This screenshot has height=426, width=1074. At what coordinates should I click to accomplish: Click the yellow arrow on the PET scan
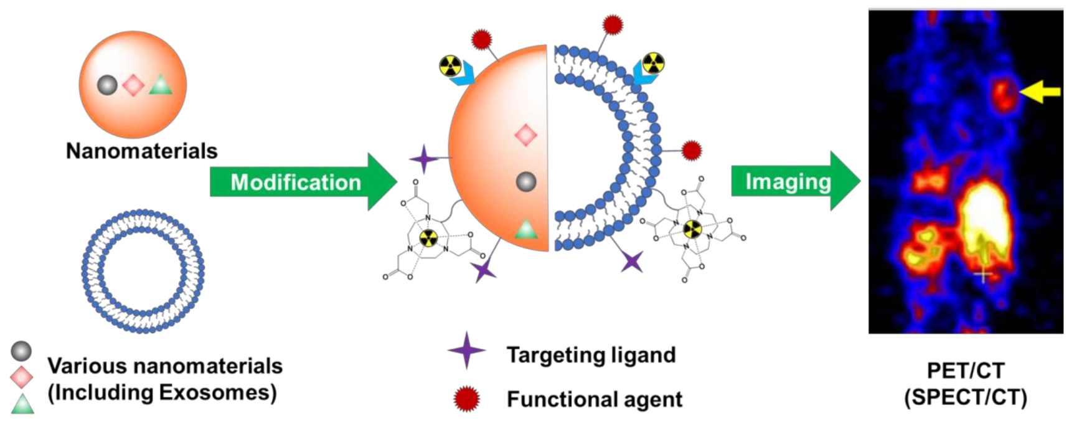(1041, 92)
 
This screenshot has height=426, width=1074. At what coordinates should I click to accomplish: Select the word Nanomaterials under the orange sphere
(141, 151)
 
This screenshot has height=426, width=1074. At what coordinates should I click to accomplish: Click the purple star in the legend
(466, 351)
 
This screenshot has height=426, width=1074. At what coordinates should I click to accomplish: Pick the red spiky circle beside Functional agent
(466, 399)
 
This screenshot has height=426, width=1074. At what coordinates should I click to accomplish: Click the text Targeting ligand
(590, 355)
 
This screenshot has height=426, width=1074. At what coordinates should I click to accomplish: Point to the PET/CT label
(965, 371)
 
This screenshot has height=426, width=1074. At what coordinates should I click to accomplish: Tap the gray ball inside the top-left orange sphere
(108, 85)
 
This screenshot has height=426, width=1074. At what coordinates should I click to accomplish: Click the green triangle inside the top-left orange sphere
(160, 86)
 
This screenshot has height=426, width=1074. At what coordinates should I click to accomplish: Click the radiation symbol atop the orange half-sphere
(450, 65)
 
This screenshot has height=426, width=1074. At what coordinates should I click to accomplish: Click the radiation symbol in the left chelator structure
(428, 237)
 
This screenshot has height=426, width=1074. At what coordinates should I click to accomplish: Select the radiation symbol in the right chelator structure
(692, 229)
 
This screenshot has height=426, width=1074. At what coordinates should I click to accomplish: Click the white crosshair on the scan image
(982, 274)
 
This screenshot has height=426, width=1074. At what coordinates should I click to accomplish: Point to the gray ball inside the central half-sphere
(526, 181)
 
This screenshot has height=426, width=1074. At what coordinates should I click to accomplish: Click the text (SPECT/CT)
(965, 397)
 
